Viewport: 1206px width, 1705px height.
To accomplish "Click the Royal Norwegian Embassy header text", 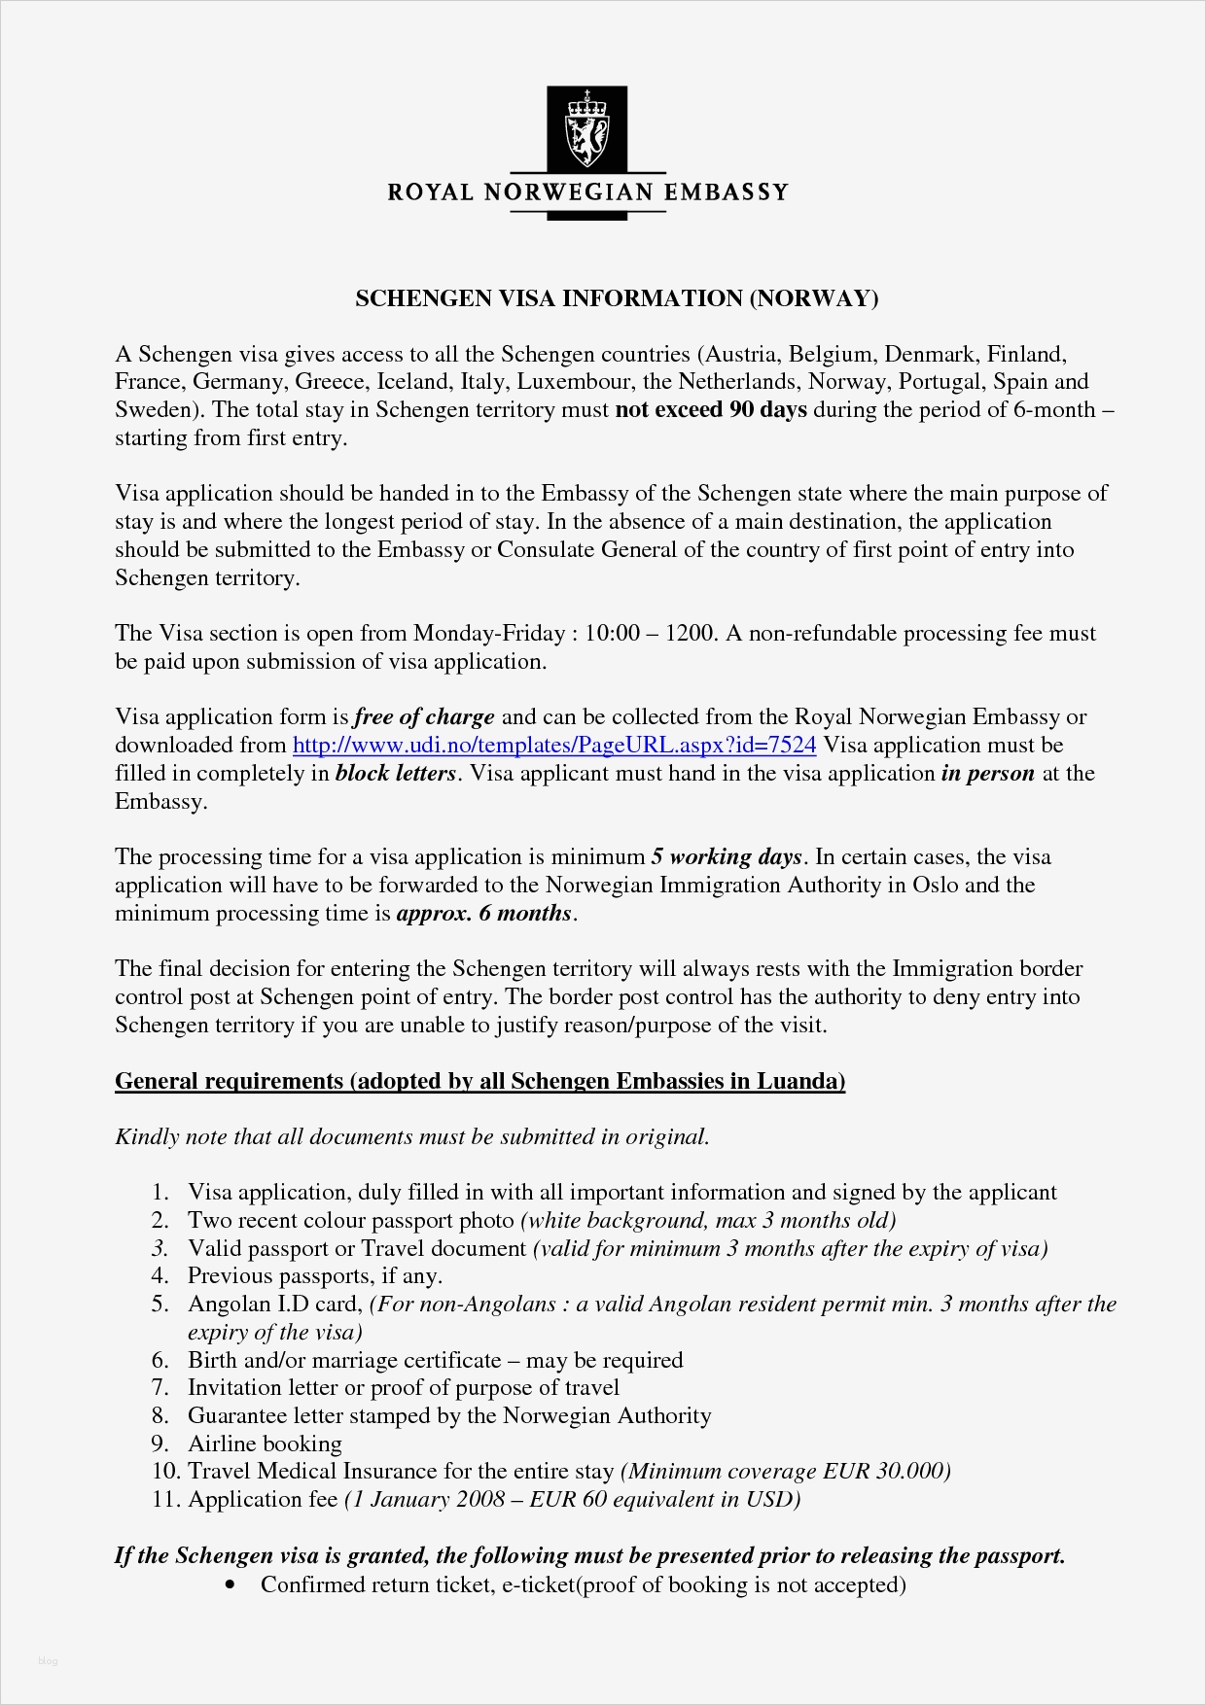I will coord(587,192).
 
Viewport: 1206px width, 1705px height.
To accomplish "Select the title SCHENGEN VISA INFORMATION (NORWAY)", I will coord(617,298).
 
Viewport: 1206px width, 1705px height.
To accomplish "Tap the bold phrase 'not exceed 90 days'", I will coord(711,410).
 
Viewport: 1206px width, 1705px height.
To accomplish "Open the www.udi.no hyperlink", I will coord(554,746).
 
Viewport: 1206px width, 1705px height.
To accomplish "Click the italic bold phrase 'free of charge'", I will coord(424,717).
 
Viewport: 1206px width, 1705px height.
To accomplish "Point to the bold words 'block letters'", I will coord(396,774).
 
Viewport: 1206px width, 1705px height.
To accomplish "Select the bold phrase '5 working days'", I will coord(727,857).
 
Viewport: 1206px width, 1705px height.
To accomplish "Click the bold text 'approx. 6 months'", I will coord(483,914).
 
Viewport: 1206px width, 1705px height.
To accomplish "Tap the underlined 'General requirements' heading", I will coord(479,1081).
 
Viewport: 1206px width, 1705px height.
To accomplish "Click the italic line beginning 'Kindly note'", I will coord(411,1136).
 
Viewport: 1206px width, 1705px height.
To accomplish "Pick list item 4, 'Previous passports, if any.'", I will coord(314,1276).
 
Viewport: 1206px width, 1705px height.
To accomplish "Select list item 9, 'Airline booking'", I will coord(265,1444).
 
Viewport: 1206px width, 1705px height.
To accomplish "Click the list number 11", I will coord(166,1500).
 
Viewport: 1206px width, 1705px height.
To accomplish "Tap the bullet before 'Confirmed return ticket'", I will coord(230,1585).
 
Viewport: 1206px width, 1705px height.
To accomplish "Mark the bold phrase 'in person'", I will coord(987,774).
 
